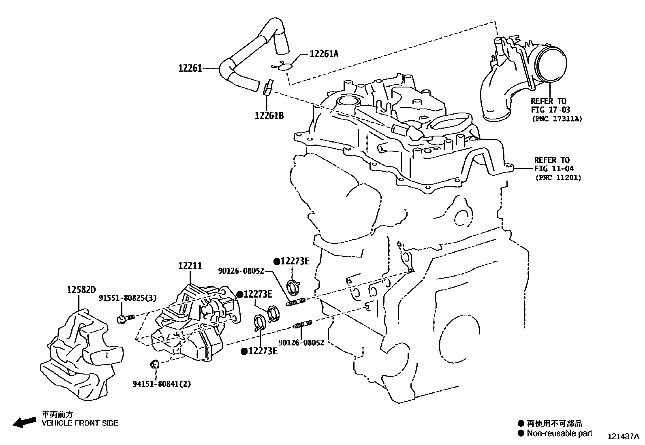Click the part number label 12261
pyautogui.click(x=190, y=68)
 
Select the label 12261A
pyautogui.click(x=324, y=53)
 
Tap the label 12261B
pyautogui.click(x=269, y=116)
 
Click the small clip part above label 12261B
pyautogui.click(x=268, y=87)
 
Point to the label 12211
pyautogui.click(x=190, y=266)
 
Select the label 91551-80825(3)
pyautogui.click(x=128, y=298)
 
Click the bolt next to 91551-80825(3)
pyautogui.click(x=124, y=319)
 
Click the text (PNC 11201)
pyautogui.click(x=557, y=178)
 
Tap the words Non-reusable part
pyautogui.click(x=559, y=434)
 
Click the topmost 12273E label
pyautogui.click(x=295, y=261)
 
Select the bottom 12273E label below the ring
pyautogui.click(x=263, y=351)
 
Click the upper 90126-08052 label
pyautogui.click(x=241, y=271)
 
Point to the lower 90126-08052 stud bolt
pyautogui.click(x=302, y=325)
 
